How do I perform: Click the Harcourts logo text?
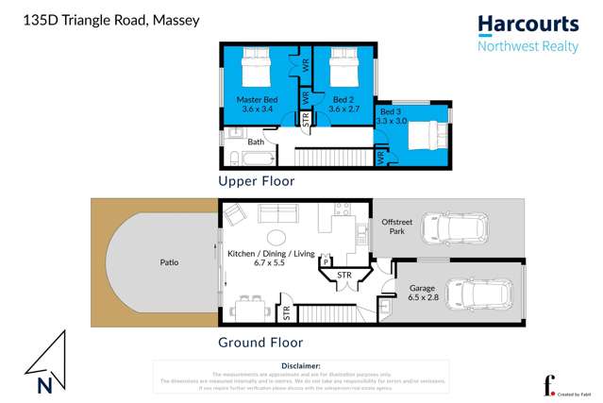click(528, 25)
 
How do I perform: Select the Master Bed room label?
click(257, 104)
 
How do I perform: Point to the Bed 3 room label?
click(391, 116)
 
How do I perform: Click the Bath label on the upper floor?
click(256, 143)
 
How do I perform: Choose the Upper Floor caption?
click(257, 181)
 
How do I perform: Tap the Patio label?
click(169, 262)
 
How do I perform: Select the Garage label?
click(422, 291)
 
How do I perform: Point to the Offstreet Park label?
click(397, 227)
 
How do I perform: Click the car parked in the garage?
click(481, 294)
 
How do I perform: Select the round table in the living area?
click(276, 237)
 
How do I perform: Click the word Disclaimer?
click(301, 365)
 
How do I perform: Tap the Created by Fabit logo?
click(564, 387)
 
